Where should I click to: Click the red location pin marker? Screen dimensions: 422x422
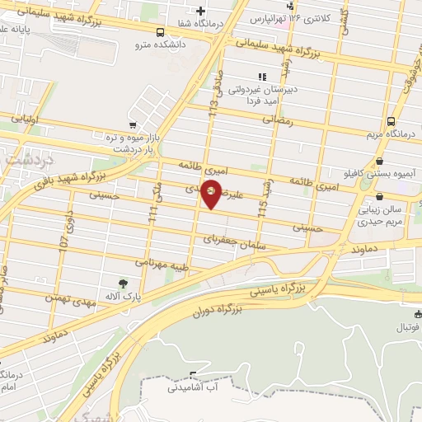pos(212,194)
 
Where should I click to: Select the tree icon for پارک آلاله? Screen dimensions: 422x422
pos(123,284)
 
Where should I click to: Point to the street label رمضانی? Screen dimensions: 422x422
pos(278,119)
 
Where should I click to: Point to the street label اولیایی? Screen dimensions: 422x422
pos(26,118)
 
